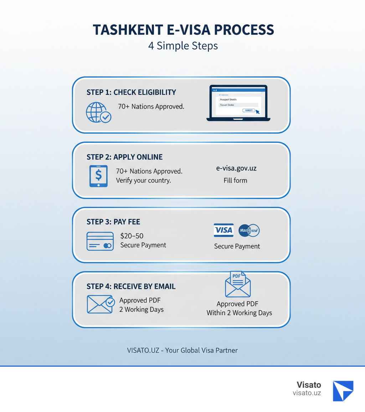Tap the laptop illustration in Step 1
click(x=238, y=103)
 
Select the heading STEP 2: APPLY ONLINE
click(x=124, y=157)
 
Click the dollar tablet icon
click(x=98, y=176)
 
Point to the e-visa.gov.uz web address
click(x=236, y=169)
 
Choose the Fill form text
click(x=235, y=180)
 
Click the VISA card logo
click(x=223, y=230)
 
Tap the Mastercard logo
click(x=248, y=230)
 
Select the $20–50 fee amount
click(x=132, y=236)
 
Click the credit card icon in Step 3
click(x=100, y=241)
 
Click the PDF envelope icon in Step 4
click(x=238, y=285)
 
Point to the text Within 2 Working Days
click(x=239, y=313)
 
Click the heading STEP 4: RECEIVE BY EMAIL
click(x=131, y=286)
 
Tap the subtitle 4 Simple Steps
click(x=183, y=46)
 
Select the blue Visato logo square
click(x=343, y=391)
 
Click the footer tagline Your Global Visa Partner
click(x=201, y=350)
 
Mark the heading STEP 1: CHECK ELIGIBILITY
click(x=131, y=92)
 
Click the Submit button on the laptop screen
click(x=248, y=110)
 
